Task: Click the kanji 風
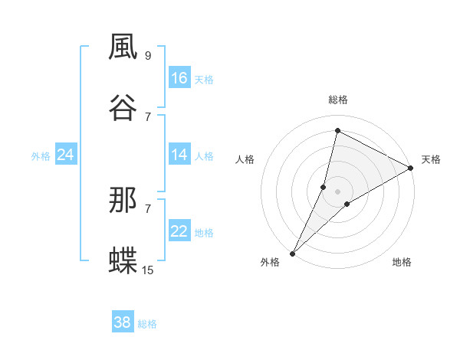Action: (x=123, y=47)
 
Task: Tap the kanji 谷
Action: (x=123, y=106)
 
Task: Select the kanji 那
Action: (x=123, y=201)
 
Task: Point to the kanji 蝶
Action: (x=123, y=260)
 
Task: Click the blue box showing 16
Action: (x=179, y=78)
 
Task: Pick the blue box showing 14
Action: (x=179, y=155)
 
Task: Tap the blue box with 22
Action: (x=179, y=231)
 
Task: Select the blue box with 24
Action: (x=65, y=155)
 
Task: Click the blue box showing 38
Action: (x=123, y=322)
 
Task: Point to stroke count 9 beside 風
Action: (x=148, y=55)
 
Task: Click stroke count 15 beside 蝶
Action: (x=148, y=270)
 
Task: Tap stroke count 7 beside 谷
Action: (x=148, y=116)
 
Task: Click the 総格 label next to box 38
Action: (x=148, y=324)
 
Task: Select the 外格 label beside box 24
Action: (x=41, y=156)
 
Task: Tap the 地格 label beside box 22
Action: (x=204, y=233)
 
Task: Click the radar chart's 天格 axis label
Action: (x=431, y=159)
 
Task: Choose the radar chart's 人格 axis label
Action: (x=245, y=159)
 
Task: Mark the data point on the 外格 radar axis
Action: (x=292, y=253)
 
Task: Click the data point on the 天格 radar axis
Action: (x=411, y=168)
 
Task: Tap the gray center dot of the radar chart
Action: (x=338, y=191)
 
